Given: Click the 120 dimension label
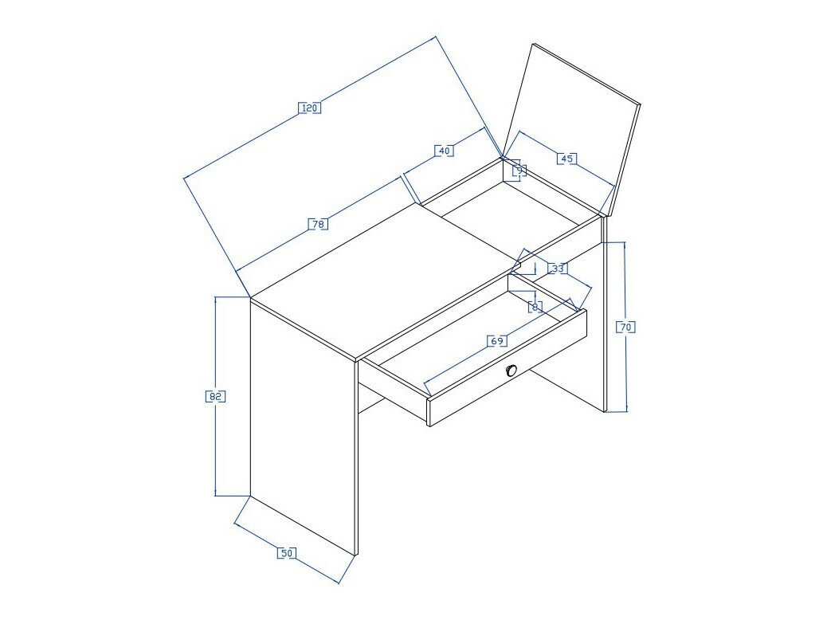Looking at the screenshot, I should tap(309, 108).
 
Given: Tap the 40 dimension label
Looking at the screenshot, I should tap(444, 150).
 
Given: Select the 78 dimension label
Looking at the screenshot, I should tap(317, 225).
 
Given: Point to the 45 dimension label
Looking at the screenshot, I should tap(566, 159).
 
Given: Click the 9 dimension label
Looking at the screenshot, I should tap(519, 170).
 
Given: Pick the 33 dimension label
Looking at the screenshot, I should tap(558, 269).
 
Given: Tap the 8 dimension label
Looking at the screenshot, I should tap(535, 306).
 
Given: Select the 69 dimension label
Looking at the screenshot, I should tap(496, 341).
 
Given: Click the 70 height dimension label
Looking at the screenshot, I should tap(625, 327).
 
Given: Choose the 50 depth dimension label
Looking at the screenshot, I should tap(285, 553).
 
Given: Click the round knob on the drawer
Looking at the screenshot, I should tap(511, 370).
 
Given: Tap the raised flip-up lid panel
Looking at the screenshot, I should tap(572, 128).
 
